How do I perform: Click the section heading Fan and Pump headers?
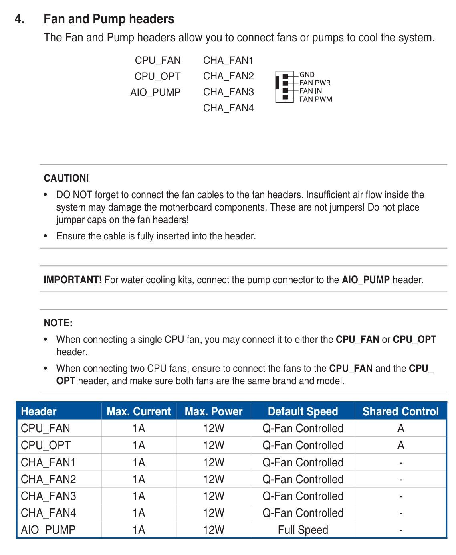(109, 19)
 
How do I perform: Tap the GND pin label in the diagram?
(307, 75)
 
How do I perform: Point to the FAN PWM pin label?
(316, 99)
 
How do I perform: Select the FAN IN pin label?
(311, 91)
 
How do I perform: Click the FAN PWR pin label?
(315, 83)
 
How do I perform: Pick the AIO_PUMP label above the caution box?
(155, 92)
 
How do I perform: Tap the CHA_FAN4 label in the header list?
(228, 108)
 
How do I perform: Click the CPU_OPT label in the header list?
(157, 76)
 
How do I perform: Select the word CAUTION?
(67, 178)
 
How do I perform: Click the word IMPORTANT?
(73, 280)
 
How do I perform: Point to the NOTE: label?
(58, 323)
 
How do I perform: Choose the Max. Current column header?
(139, 411)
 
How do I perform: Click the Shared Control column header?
(400, 411)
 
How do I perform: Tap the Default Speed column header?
(303, 411)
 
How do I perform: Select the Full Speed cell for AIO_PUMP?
(303, 530)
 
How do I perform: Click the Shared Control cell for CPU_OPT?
(400, 445)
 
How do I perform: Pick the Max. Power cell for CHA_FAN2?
(214, 479)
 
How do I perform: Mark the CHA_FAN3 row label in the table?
(48, 496)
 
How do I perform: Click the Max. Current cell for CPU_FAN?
(139, 428)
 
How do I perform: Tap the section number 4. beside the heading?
(20, 19)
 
